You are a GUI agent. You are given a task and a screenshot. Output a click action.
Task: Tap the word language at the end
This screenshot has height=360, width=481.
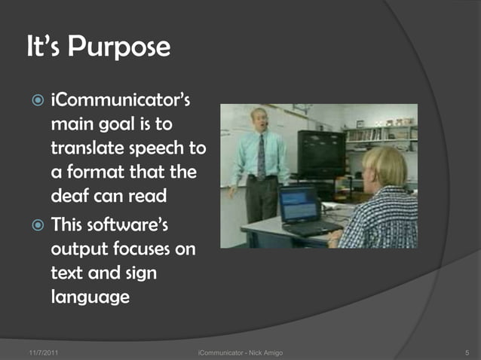click(90, 297)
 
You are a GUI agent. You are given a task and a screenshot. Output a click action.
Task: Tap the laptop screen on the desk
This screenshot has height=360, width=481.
click(299, 204)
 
